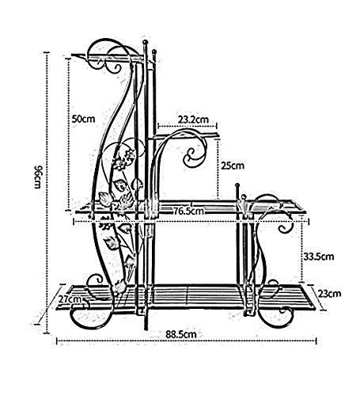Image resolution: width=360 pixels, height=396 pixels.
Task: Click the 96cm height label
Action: (x=37, y=177)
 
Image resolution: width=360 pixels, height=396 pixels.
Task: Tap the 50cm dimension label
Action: (x=83, y=119)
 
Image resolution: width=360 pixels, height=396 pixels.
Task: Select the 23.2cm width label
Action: (x=193, y=120)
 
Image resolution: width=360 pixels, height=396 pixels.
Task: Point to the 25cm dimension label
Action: (x=233, y=166)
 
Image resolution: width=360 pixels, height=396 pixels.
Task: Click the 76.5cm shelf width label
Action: (x=189, y=211)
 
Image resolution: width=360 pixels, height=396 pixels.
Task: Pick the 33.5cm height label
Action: (x=318, y=257)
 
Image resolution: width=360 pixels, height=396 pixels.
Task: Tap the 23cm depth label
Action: (x=329, y=294)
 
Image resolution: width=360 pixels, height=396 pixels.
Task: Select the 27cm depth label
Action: (x=70, y=299)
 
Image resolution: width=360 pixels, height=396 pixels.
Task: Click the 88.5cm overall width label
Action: (x=181, y=334)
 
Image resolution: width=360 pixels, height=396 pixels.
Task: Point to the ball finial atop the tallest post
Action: (x=145, y=42)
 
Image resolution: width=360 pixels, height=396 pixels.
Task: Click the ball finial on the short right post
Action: (x=237, y=185)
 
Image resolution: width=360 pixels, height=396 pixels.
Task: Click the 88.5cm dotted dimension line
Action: (x=187, y=341)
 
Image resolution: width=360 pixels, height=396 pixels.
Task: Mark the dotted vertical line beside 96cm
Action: (x=47, y=192)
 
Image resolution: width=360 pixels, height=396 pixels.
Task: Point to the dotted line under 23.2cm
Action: (x=188, y=125)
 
